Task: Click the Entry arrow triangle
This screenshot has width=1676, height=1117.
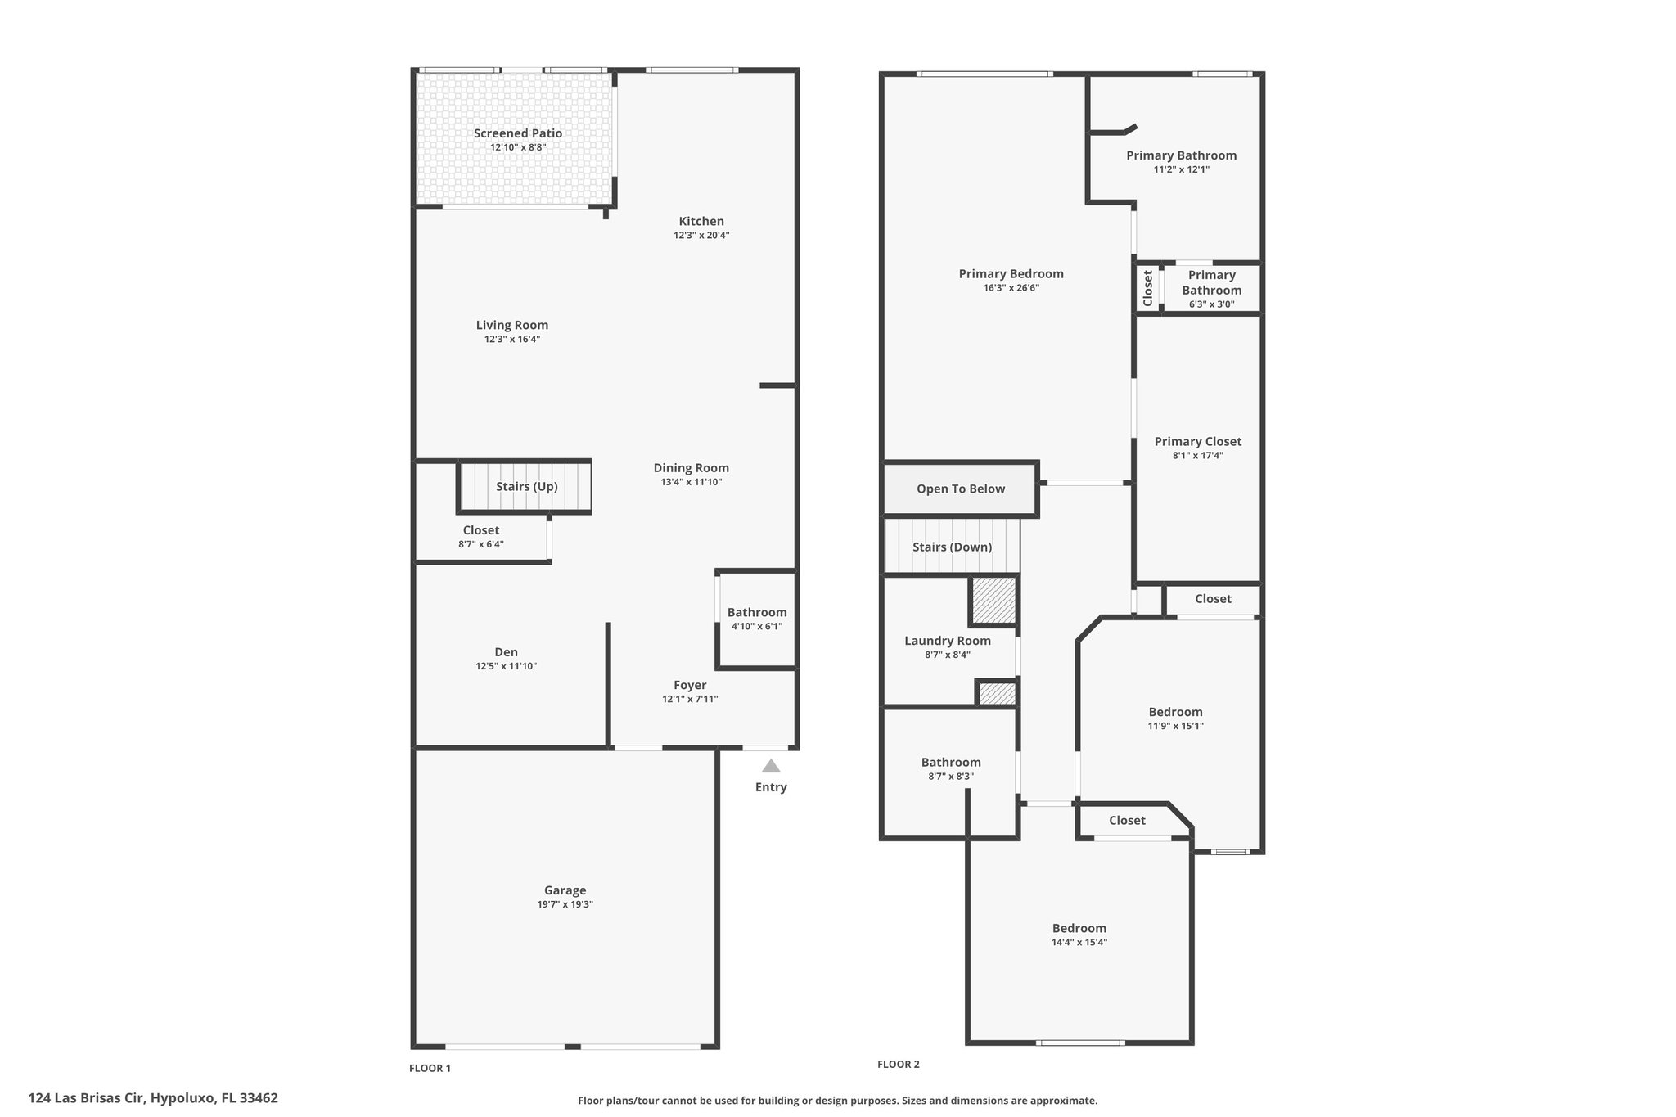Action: (771, 766)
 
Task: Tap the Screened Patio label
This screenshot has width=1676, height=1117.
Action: (518, 133)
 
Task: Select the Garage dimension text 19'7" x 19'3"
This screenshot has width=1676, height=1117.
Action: (565, 904)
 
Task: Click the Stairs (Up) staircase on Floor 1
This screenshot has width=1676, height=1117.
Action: (525, 487)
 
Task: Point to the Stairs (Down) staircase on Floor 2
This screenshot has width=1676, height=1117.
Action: (952, 547)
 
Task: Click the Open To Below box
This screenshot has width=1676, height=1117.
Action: (960, 489)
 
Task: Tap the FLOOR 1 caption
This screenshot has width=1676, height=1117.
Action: (430, 1068)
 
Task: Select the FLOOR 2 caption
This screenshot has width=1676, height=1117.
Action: (899, 1064)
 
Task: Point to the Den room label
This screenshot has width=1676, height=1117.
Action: (507, 652)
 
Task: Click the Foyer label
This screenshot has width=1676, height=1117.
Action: (690, 685)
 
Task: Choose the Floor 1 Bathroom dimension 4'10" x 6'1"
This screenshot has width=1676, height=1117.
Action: (757, 626)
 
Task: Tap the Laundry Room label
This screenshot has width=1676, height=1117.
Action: (948, 641)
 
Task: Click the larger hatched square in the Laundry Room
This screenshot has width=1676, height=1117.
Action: (994, 601)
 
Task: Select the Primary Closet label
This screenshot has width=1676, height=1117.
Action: (1198, 442)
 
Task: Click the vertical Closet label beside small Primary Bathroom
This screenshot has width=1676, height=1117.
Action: (1148, 288)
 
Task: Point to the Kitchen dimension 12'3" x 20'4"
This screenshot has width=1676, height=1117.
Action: (701, 236)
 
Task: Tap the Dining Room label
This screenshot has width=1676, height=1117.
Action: (692, 468)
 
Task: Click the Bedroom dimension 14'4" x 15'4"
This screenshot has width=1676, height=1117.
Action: (1079, 942)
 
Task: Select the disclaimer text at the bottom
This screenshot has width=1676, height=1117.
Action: (838, 1101)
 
